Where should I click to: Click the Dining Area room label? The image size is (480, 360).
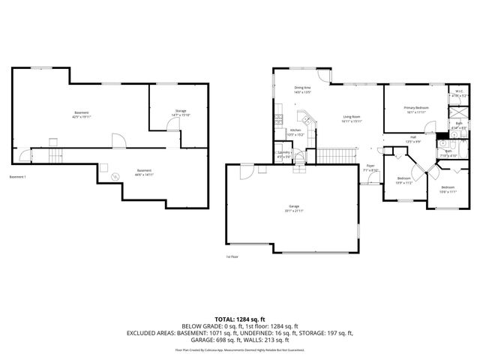point(303,88)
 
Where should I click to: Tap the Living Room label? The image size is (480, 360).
point(352,117)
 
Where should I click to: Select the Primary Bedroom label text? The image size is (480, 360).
point(416,108)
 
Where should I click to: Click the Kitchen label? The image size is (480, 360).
point(295,130)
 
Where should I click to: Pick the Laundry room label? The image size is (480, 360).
point(284,152)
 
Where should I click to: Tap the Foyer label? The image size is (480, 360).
point(370,165)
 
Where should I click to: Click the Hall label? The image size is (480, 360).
point(412,136)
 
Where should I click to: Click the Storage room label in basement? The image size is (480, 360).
point(181,111)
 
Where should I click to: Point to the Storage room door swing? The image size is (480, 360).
point(157,124)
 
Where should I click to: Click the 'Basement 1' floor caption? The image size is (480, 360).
point(18,177)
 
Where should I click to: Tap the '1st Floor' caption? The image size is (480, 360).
point(232,257)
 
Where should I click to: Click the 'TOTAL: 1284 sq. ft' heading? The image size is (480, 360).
point(239,319)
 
